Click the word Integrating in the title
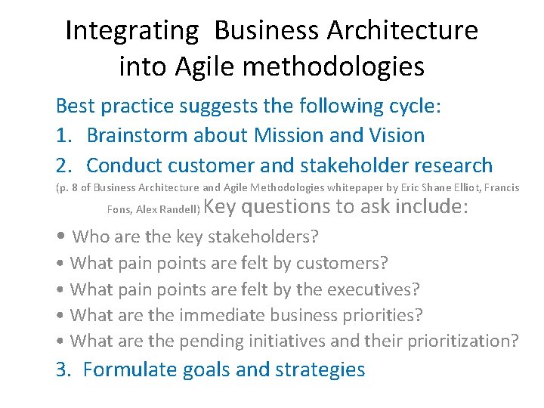tap(131, 31)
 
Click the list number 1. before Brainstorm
tap(64, 136)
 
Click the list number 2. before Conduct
tap(64, 165)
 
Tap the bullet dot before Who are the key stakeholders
tap(61, 237)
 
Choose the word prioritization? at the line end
tap(463, 341)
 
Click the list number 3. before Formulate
tap(64, 370)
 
